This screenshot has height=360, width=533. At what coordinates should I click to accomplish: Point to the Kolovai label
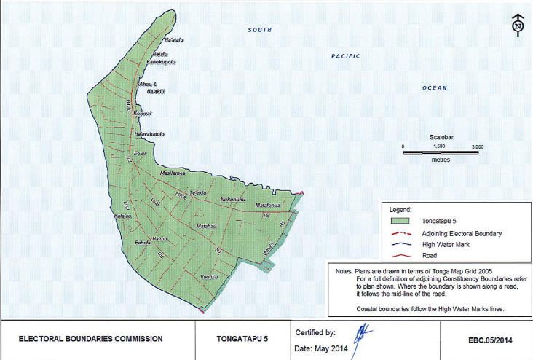point(142,114)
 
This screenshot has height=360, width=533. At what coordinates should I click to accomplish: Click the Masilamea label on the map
point(174,173)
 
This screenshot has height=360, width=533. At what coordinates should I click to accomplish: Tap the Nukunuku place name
point(233,199)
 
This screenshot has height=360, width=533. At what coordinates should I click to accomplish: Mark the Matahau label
point(208,227)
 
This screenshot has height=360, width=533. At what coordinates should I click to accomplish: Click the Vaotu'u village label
point(208,278)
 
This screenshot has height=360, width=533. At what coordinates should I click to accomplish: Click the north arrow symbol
point(517,26)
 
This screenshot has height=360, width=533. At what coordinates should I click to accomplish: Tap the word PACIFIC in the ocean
point(346,56)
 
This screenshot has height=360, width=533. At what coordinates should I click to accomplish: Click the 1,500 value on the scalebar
point(439,146)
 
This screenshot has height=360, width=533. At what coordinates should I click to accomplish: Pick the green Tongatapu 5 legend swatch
point(400,219)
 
